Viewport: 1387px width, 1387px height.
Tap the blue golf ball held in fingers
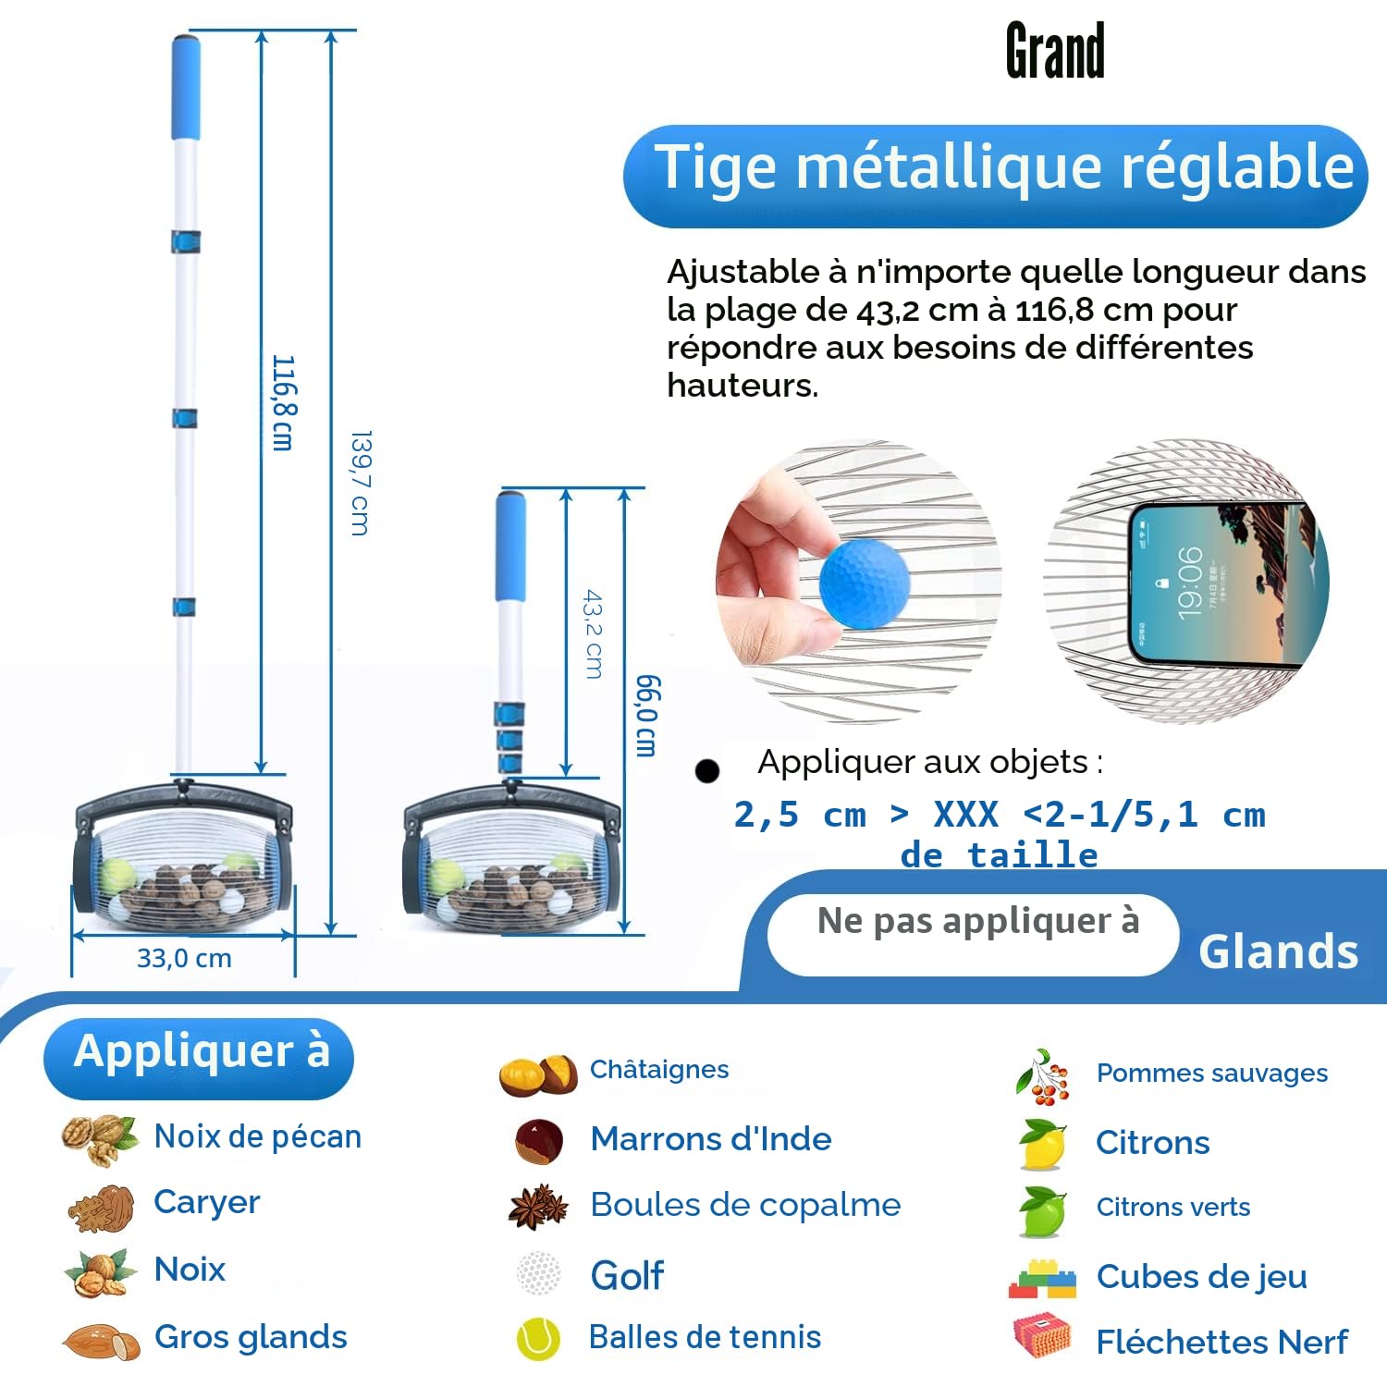click(865, 585)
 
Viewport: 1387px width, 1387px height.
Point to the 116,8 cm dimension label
click(283, 402)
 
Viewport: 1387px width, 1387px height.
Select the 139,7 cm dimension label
click(361, 483)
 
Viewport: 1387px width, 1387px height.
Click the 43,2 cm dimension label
click(594, 634)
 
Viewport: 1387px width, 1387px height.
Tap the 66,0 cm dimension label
click(648, 716)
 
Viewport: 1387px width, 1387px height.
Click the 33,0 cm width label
click(184, 958)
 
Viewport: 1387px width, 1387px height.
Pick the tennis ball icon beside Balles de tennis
click(538, 1338)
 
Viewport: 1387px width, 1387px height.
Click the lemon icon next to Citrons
click(1041, 1144)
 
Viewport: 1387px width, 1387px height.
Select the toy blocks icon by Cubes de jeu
click(1042, 1279)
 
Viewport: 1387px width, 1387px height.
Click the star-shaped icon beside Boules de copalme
click(538, 1206)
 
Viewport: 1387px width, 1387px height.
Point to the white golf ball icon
click(538, 1274)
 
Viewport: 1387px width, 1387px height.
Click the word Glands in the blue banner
click(1279, 951)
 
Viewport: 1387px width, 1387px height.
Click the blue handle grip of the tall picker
click(185, 88)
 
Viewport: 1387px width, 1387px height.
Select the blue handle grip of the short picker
click(510, 546)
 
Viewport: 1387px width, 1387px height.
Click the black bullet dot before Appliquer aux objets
click(707, 770)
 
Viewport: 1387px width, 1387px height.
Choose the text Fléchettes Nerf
click(1221, 1342)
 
